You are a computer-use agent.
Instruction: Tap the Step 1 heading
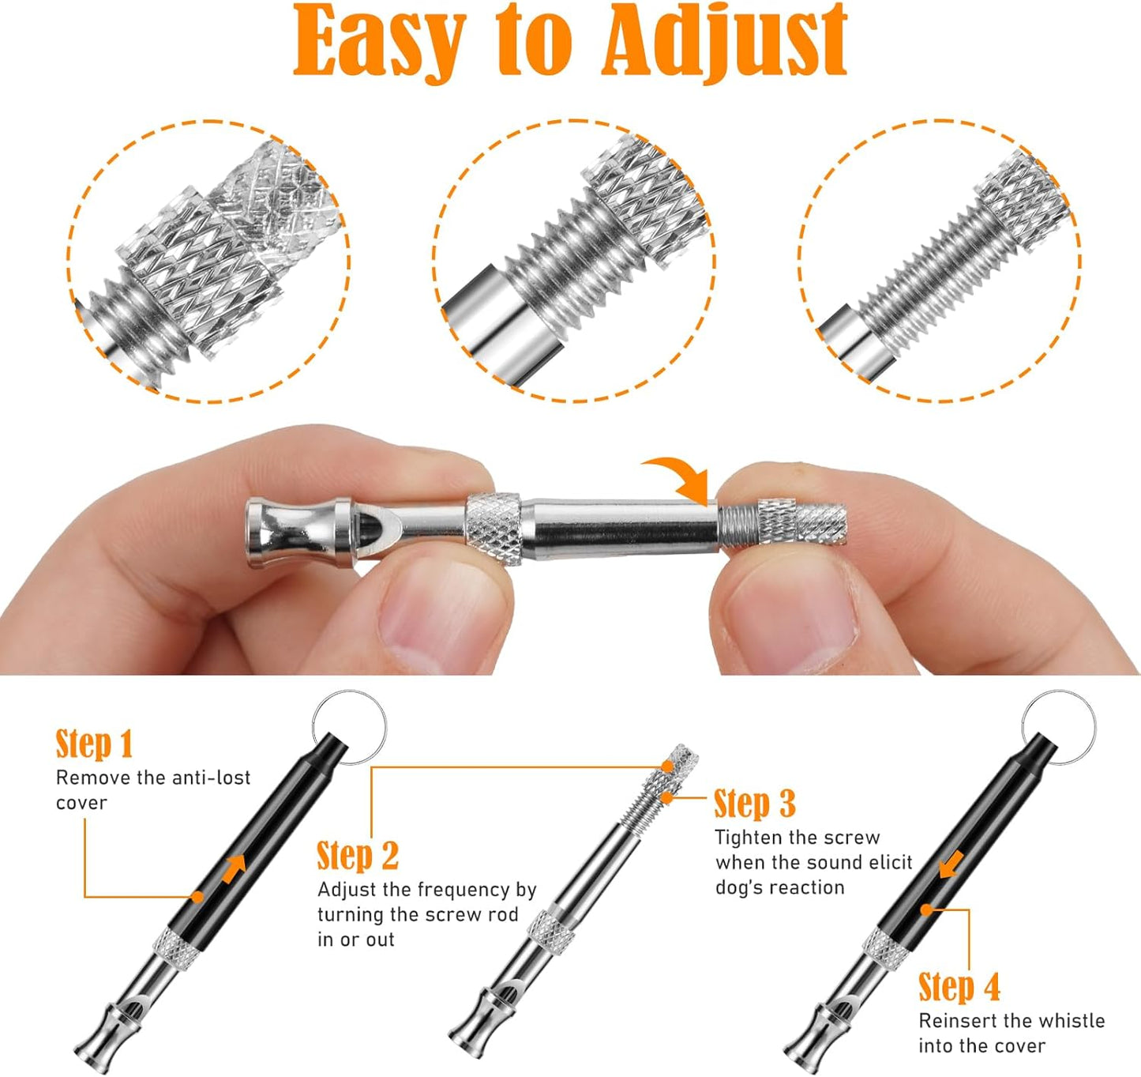pos(94,744)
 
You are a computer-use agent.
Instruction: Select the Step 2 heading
pos(357,856)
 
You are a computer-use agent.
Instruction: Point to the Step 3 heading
pos(754,804)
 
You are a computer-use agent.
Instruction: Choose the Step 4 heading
pos(959,987)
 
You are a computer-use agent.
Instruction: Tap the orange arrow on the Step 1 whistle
pos(233,868)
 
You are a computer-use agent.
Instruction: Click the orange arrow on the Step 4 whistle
pos(951,864)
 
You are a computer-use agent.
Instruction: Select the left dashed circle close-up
pos(209,262)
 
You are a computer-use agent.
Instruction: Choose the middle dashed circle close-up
pos(574,262)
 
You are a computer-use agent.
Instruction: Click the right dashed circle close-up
pos(939,262)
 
